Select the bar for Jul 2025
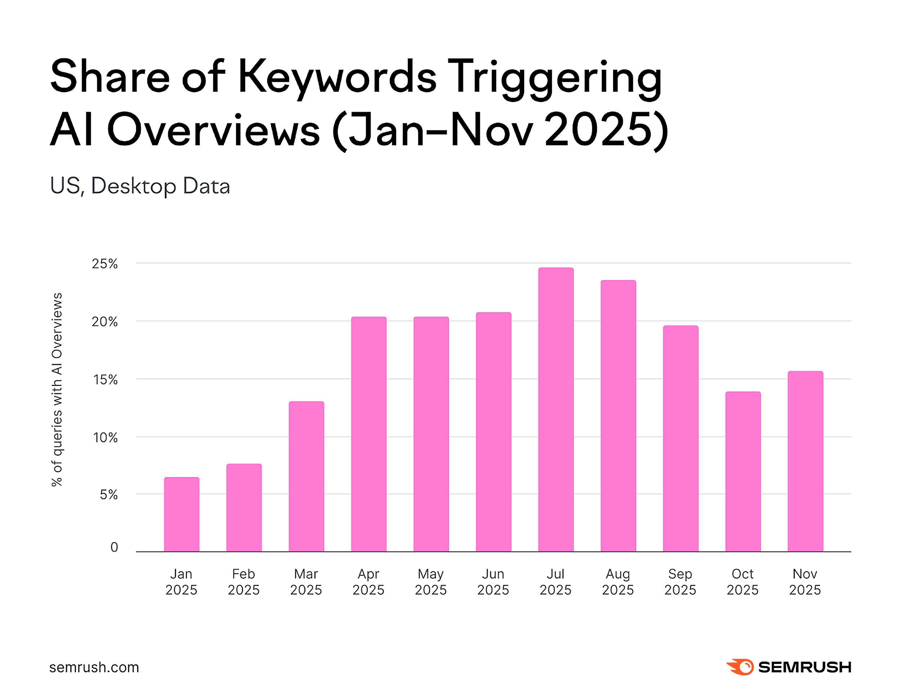tap(555, 410)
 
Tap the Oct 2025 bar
tap(743, 472)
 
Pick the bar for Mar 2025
tap(306, 476)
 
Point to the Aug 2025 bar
tap(618, 416)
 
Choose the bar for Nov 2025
tap(805, 461)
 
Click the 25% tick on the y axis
tap(105, 264)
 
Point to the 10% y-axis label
tap(105, 437)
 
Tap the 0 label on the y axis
tap(114, 547)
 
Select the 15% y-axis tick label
tap(105, 379)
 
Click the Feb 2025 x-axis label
tap(243, 581)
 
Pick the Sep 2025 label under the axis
tap(680, 581)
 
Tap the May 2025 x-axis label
tap(431, 581)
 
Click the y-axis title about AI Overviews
tap(57, 389)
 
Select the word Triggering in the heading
tap(554, 78)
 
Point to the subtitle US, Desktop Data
tap(140, 186)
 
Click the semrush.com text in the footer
tap(94, 667)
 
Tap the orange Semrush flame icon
tap(740, 667)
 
